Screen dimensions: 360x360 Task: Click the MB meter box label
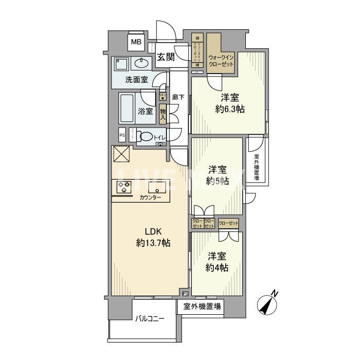136,42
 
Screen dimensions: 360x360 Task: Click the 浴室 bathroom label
145,111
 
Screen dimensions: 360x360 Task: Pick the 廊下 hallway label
178,97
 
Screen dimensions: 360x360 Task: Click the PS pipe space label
122,136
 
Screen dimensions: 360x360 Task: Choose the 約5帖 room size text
217,181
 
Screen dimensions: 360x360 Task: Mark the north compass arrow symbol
268,304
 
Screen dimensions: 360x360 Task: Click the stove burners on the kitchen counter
124,187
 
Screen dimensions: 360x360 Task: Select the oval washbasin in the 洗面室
140,64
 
